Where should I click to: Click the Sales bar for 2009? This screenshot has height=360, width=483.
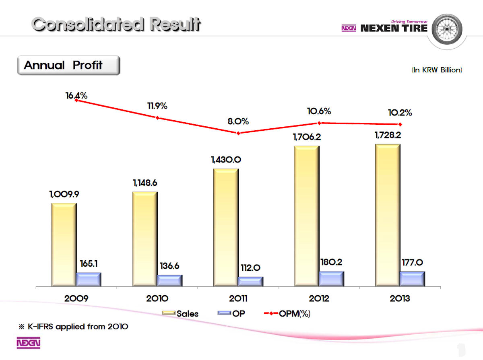coord(64,245)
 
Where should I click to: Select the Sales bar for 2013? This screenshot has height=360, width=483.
coord(387,215)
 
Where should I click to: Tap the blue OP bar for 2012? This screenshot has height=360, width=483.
coord(331,278)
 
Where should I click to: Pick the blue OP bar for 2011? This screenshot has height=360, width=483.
coord(250,281)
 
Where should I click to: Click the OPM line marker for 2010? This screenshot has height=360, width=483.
coord(157,118)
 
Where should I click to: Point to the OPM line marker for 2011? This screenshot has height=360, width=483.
coord(238,133)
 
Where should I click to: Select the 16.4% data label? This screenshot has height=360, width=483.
coord(76,96)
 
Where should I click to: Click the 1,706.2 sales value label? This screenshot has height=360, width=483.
coord(307,137)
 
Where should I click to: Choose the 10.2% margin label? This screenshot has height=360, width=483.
coord(400,113)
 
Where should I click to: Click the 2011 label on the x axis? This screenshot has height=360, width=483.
coord(238,298)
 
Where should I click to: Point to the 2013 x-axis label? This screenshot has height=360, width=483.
coord(400,298)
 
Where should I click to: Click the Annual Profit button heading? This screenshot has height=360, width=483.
coord(68,65)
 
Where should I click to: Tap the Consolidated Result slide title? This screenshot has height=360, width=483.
coord(116,25)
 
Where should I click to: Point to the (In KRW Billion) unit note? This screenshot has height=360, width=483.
coord(437,70)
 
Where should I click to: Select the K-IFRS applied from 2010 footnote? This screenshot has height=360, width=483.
coord(74,327)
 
